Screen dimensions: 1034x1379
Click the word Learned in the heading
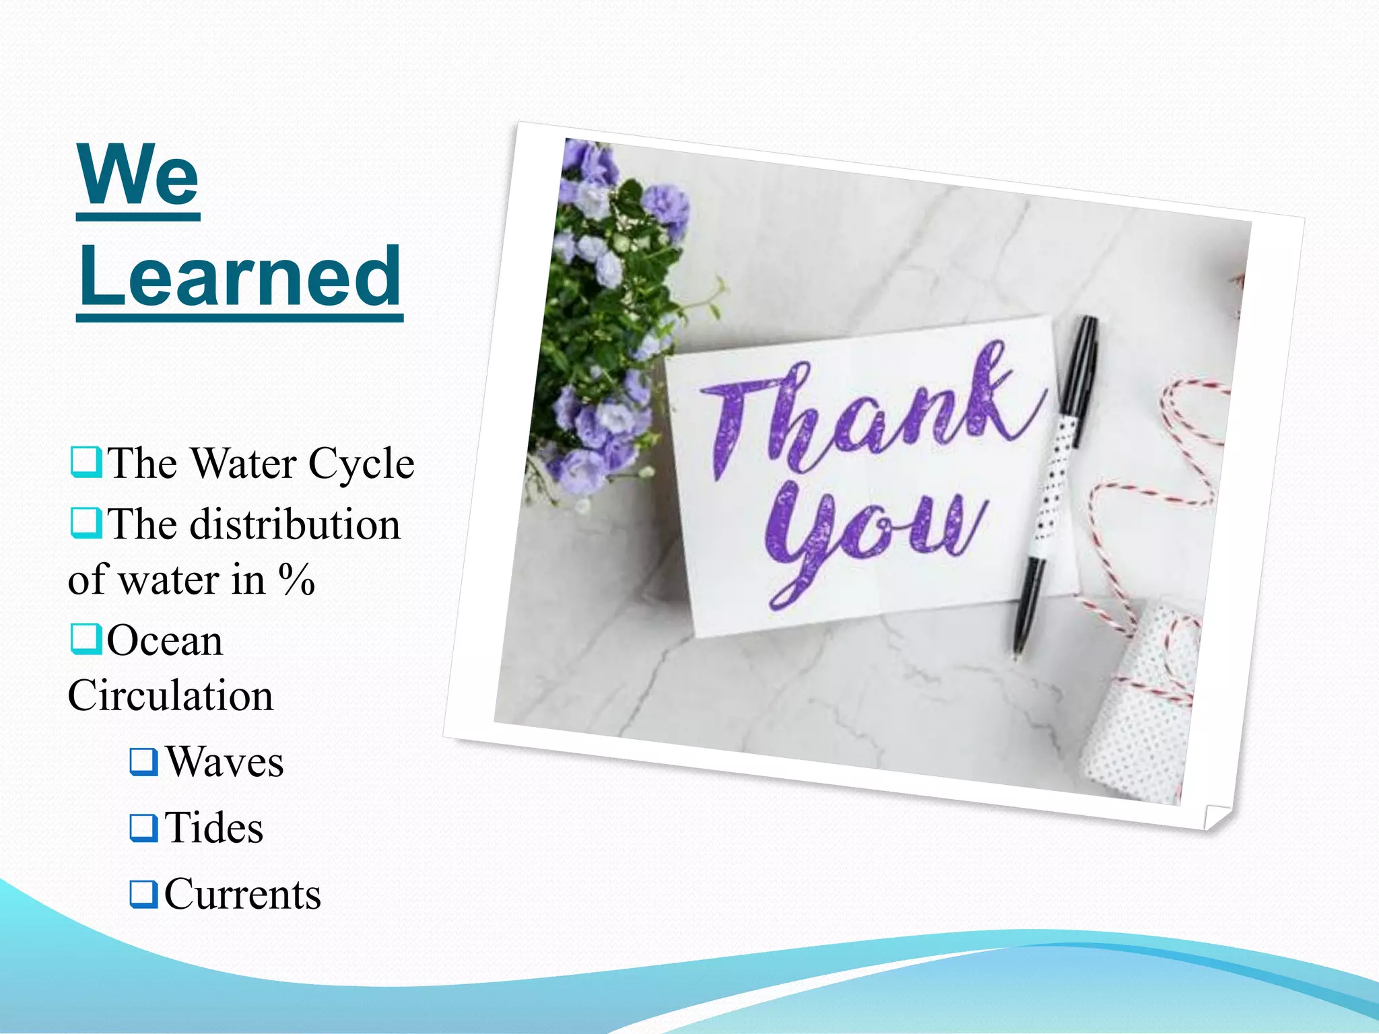(x=240, y=276)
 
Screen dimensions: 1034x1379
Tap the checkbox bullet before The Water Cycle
(x=86, y=462)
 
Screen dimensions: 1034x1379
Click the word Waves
(x=225, y=762)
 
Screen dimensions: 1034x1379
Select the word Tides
(x=214, y=827)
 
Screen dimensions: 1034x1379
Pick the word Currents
(x=242, y=894)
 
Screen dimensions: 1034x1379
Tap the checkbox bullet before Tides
(x=143, y=827)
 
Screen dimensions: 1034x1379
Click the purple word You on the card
(x=875, y=539)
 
